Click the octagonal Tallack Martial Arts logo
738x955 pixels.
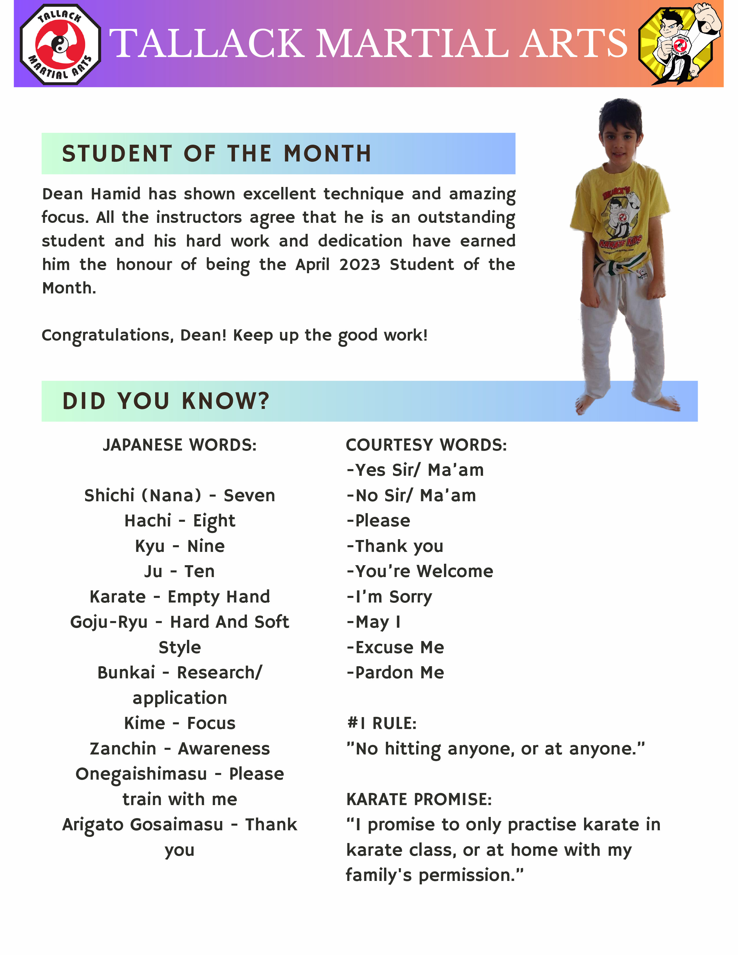click(x=60, y=44)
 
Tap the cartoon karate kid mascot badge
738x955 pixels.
click(x=679, y=44)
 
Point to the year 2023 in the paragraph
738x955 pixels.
click(x=359, y=265)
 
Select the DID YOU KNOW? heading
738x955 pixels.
click(x=166, y=401)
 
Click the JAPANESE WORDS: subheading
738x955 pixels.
click(x=180, y=445)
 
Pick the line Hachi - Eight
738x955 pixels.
click(x=180, y=521)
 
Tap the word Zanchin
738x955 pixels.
click(x=123, y=749)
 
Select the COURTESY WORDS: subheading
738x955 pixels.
click(x=426, y=445)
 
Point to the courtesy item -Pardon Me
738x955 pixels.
click(x=395, y=673)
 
